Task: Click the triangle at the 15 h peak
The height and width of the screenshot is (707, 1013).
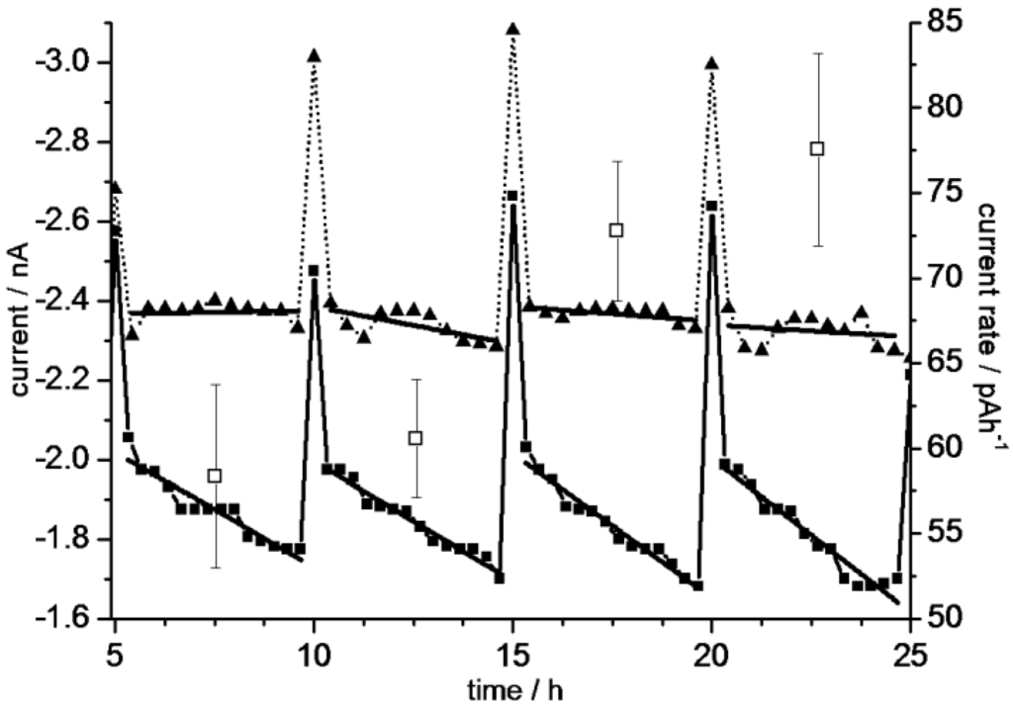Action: [512, 29]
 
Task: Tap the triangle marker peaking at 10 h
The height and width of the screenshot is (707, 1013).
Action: [314, 55]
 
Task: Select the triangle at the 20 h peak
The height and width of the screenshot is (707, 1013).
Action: [711, 63]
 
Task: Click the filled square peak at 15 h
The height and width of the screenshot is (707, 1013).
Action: [512, 197]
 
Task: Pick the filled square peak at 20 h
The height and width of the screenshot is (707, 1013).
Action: [711, 206]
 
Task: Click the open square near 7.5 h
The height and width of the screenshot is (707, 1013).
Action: [215, 476]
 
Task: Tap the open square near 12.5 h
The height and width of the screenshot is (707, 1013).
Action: [415, 437]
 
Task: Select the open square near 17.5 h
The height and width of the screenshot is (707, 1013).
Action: [616, 229]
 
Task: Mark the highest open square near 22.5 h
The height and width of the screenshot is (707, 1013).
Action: [817, 148]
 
